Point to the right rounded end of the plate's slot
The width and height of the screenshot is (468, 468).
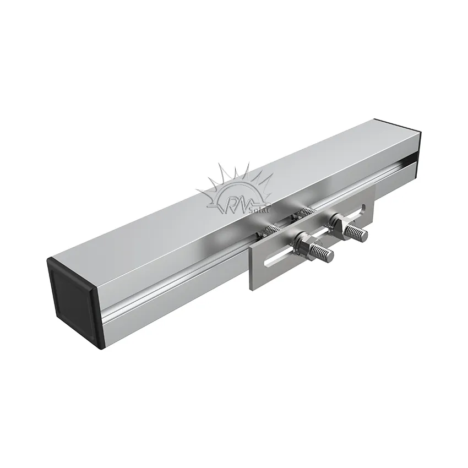[x=364, y=208]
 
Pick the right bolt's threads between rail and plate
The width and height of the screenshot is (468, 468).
[x=304, y=211]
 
